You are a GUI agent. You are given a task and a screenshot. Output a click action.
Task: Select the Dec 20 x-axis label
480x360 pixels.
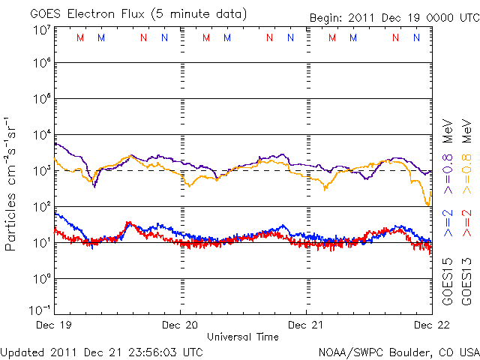[x=180, y=325]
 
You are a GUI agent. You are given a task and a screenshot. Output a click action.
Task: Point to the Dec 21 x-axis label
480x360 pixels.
[x=306, y=325]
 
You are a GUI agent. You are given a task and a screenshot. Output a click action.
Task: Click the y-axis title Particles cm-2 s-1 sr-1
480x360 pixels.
[x=12, y=184]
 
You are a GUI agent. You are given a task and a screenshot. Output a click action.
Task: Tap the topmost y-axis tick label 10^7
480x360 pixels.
[x=42, y=30]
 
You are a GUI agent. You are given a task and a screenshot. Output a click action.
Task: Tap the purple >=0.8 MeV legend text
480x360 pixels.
[x=448, y=150]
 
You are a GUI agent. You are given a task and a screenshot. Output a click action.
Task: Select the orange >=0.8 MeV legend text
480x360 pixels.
[x=466, y=150]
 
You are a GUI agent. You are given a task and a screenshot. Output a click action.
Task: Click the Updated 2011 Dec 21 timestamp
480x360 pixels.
[x=101, y=351]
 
